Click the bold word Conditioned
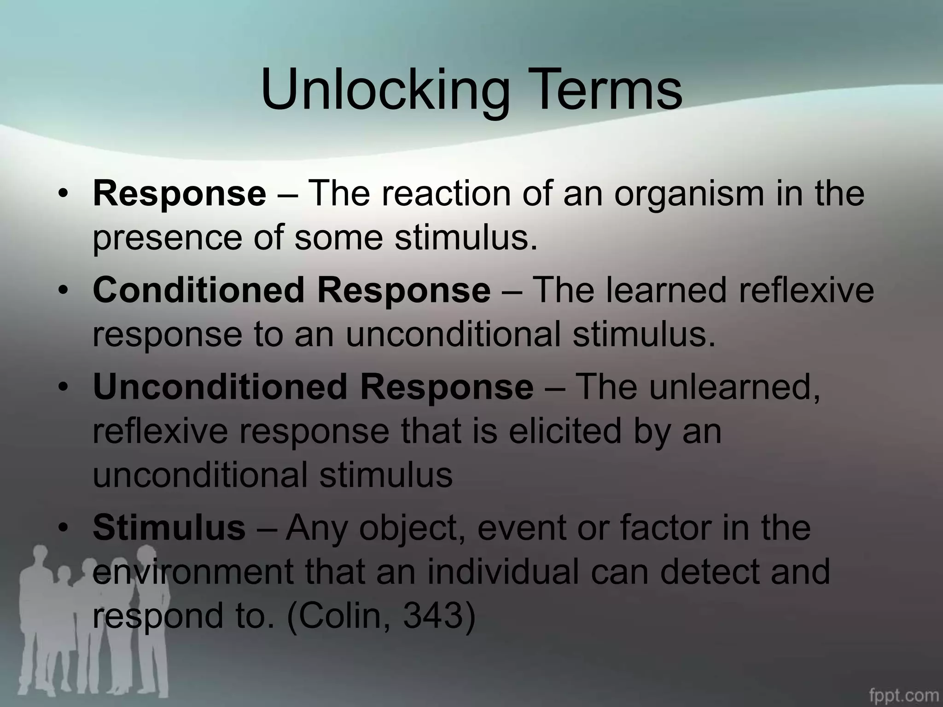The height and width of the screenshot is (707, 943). [198, 290]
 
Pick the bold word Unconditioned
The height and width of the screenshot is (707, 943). [220, 387]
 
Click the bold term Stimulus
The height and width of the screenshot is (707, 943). [169, 528]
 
